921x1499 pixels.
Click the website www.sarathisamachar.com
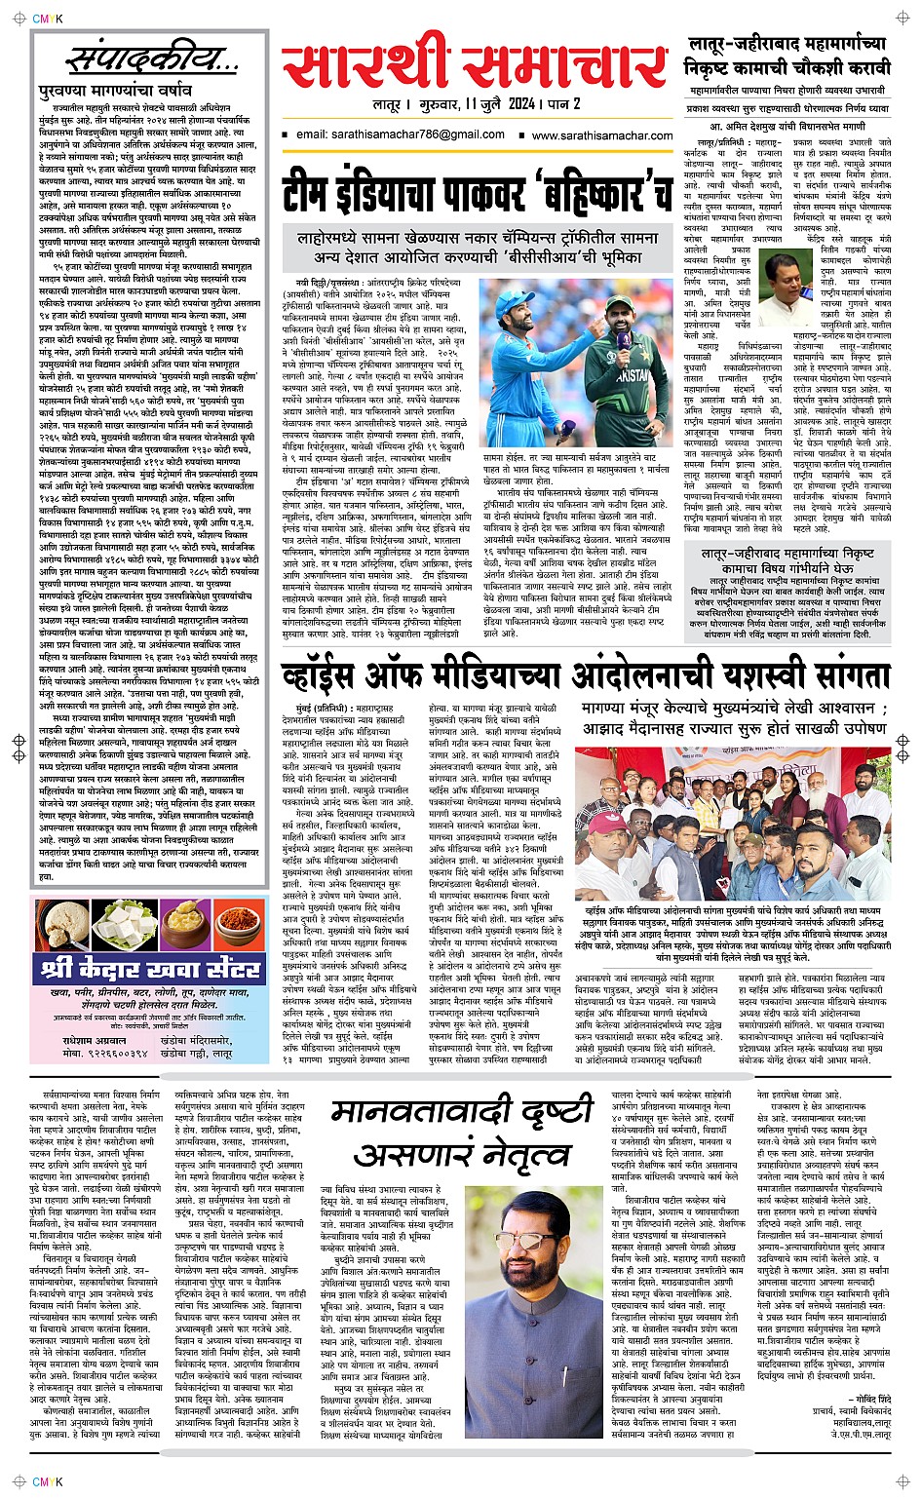(x=602, y=136)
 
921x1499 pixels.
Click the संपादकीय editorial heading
(x=151, y=60)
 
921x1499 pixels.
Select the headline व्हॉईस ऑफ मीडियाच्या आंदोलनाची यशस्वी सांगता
(x=585, y=675)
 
